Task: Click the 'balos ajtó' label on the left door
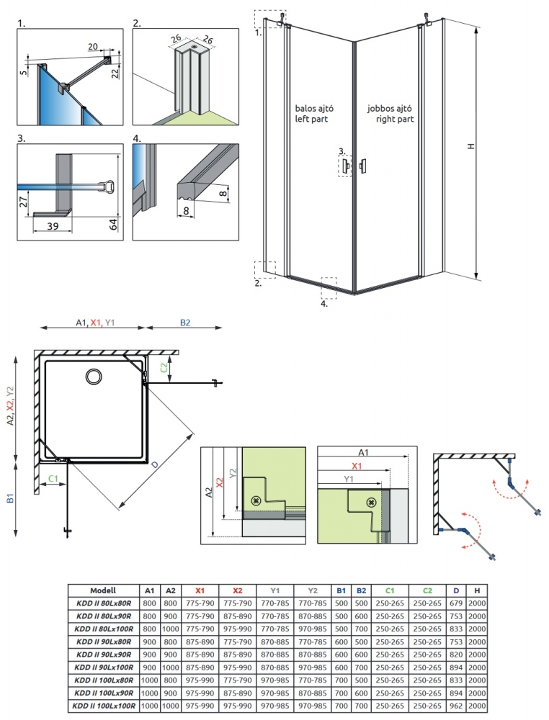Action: coord(313,109)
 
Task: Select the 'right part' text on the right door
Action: coord(395,120)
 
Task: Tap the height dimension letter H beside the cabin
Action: coord(470,146)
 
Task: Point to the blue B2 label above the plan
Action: coord(185,323)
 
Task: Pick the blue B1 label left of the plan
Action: coord(11,498)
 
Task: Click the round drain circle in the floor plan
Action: coord(94,377)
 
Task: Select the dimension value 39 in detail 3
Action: coord(53,226)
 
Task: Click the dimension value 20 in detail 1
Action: coord(93,47)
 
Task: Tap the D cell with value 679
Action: coord(455,602)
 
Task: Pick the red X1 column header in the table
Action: coord(200,590)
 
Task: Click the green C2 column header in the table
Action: coord(427,590)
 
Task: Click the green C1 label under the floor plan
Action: coord(53,478)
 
